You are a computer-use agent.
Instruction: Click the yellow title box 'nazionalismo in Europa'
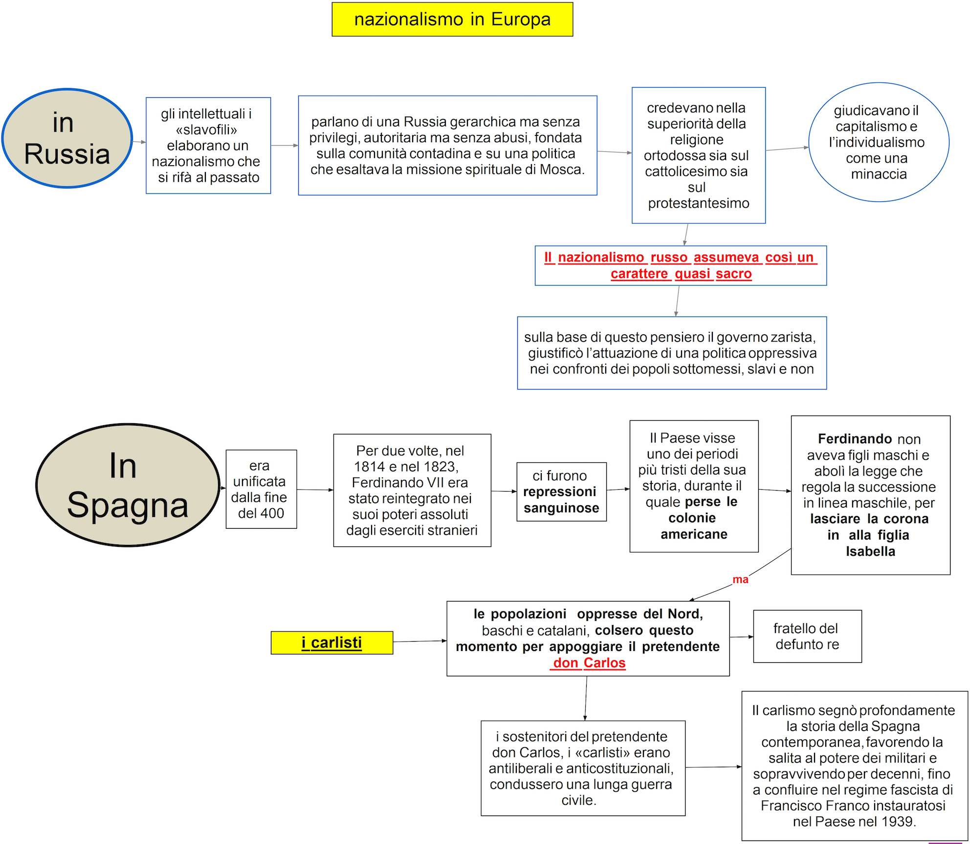(452, 20)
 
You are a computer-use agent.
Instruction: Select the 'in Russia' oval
(67, 138)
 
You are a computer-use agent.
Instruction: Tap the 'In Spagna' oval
(128, 485)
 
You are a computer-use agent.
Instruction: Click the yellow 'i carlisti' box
(332, 643)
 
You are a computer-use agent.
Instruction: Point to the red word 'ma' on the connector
(740, 580)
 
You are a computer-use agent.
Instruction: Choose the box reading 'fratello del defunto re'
(807, 636)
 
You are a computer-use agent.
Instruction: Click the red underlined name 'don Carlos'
(589, 663)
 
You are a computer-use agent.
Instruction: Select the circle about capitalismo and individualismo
(879, 142)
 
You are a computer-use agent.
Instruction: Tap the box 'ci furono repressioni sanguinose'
(561, 492)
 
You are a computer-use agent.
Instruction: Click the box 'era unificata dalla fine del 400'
(261, 489)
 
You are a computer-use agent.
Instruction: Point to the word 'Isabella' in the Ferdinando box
(870, 552)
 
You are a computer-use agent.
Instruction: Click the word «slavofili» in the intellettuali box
(206, 130)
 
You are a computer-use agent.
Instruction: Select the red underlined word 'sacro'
(733, 274)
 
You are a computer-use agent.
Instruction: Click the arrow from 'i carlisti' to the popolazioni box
(419, 641)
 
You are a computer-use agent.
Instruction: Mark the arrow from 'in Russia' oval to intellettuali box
(139, 142)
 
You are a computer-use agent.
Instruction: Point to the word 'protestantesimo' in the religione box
(698, 203)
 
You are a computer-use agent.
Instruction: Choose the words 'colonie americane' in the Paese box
(693, 526)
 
